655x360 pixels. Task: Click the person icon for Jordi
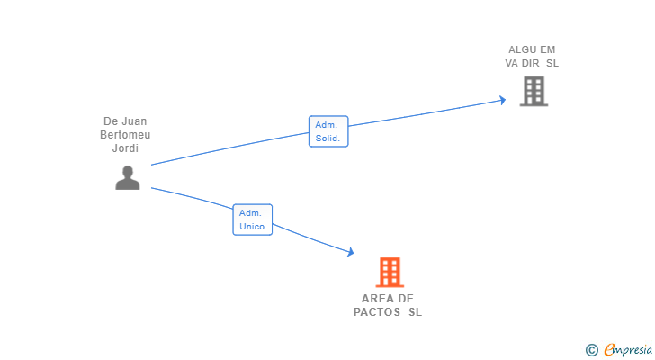[128, 178]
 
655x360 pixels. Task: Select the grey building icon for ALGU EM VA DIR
[534, 91]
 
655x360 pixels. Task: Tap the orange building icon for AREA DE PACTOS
[390, 272]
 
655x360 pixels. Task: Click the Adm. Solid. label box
[328, 131]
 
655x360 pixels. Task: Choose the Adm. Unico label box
[252, 220]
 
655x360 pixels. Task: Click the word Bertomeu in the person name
[125, 135]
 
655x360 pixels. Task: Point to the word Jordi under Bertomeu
[125, 148]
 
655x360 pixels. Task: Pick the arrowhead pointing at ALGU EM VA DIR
[502, 100]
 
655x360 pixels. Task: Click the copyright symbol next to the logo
[591, 349]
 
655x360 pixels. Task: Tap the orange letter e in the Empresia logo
[610, 349]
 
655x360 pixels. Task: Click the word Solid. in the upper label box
[328, 139]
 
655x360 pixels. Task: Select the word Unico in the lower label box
[252, 227]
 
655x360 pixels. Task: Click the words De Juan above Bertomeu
[125, 121]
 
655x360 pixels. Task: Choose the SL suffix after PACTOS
[414, 312]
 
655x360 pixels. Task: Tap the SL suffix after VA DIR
[552, 63]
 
